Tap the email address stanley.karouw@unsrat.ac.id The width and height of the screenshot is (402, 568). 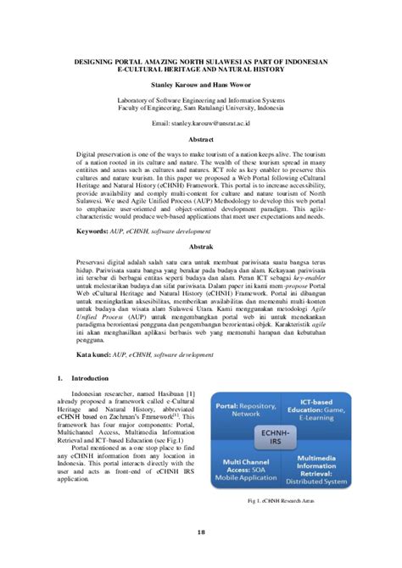(201, 124)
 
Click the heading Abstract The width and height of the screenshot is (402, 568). (201, 139)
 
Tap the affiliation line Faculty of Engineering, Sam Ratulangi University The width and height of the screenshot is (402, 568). (201, 108)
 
